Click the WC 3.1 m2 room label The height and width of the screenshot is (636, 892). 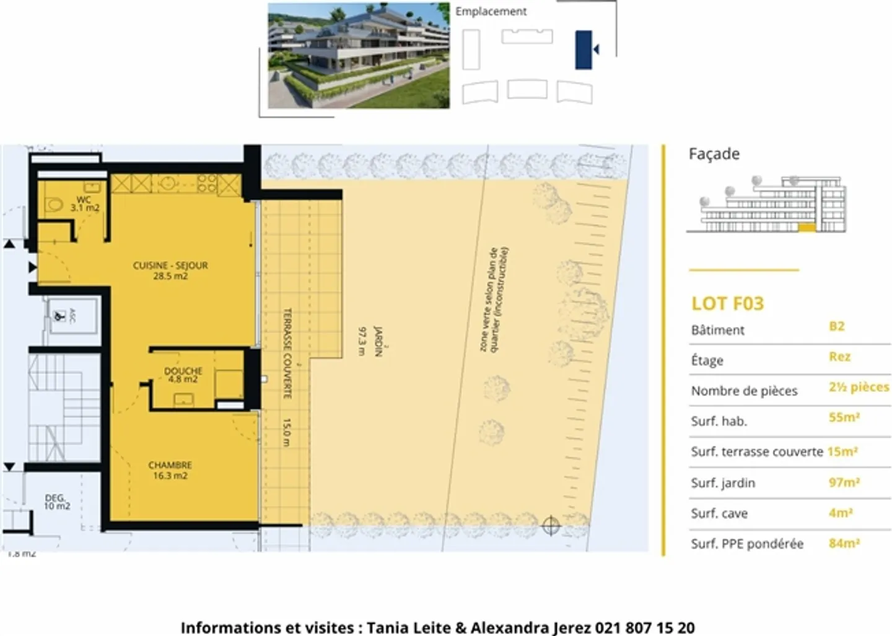tap(84, 204)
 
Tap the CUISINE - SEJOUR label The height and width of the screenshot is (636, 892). tap(170, 270)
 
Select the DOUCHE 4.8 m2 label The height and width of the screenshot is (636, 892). tap(183, 375)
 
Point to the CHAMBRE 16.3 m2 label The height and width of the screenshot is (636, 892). tap(170, 470)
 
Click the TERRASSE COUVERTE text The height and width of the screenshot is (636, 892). tap(287, 353)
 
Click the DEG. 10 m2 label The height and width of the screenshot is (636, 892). tap(56, 502)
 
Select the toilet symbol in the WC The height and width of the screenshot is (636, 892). tap(54, 204)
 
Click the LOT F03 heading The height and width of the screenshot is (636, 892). tap(727, 303)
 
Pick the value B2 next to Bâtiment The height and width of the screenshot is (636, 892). tap(836, 326)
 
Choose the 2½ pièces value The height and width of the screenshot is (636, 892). tap(859, 387)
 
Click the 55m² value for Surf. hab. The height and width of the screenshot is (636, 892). tap(844, 417)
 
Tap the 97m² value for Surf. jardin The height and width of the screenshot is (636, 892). tap(844, 482)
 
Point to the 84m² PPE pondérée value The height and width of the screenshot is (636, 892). tap(844, 543)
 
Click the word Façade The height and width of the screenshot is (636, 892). tap(714, 154)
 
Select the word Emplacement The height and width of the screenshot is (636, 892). tap(491, 11)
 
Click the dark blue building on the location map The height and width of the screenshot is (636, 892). tap(583, 50)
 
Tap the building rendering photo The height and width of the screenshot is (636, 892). tap(358, 56)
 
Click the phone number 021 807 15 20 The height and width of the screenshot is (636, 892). tap(645, 627)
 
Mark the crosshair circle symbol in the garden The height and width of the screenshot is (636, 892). tap(551, 526)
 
